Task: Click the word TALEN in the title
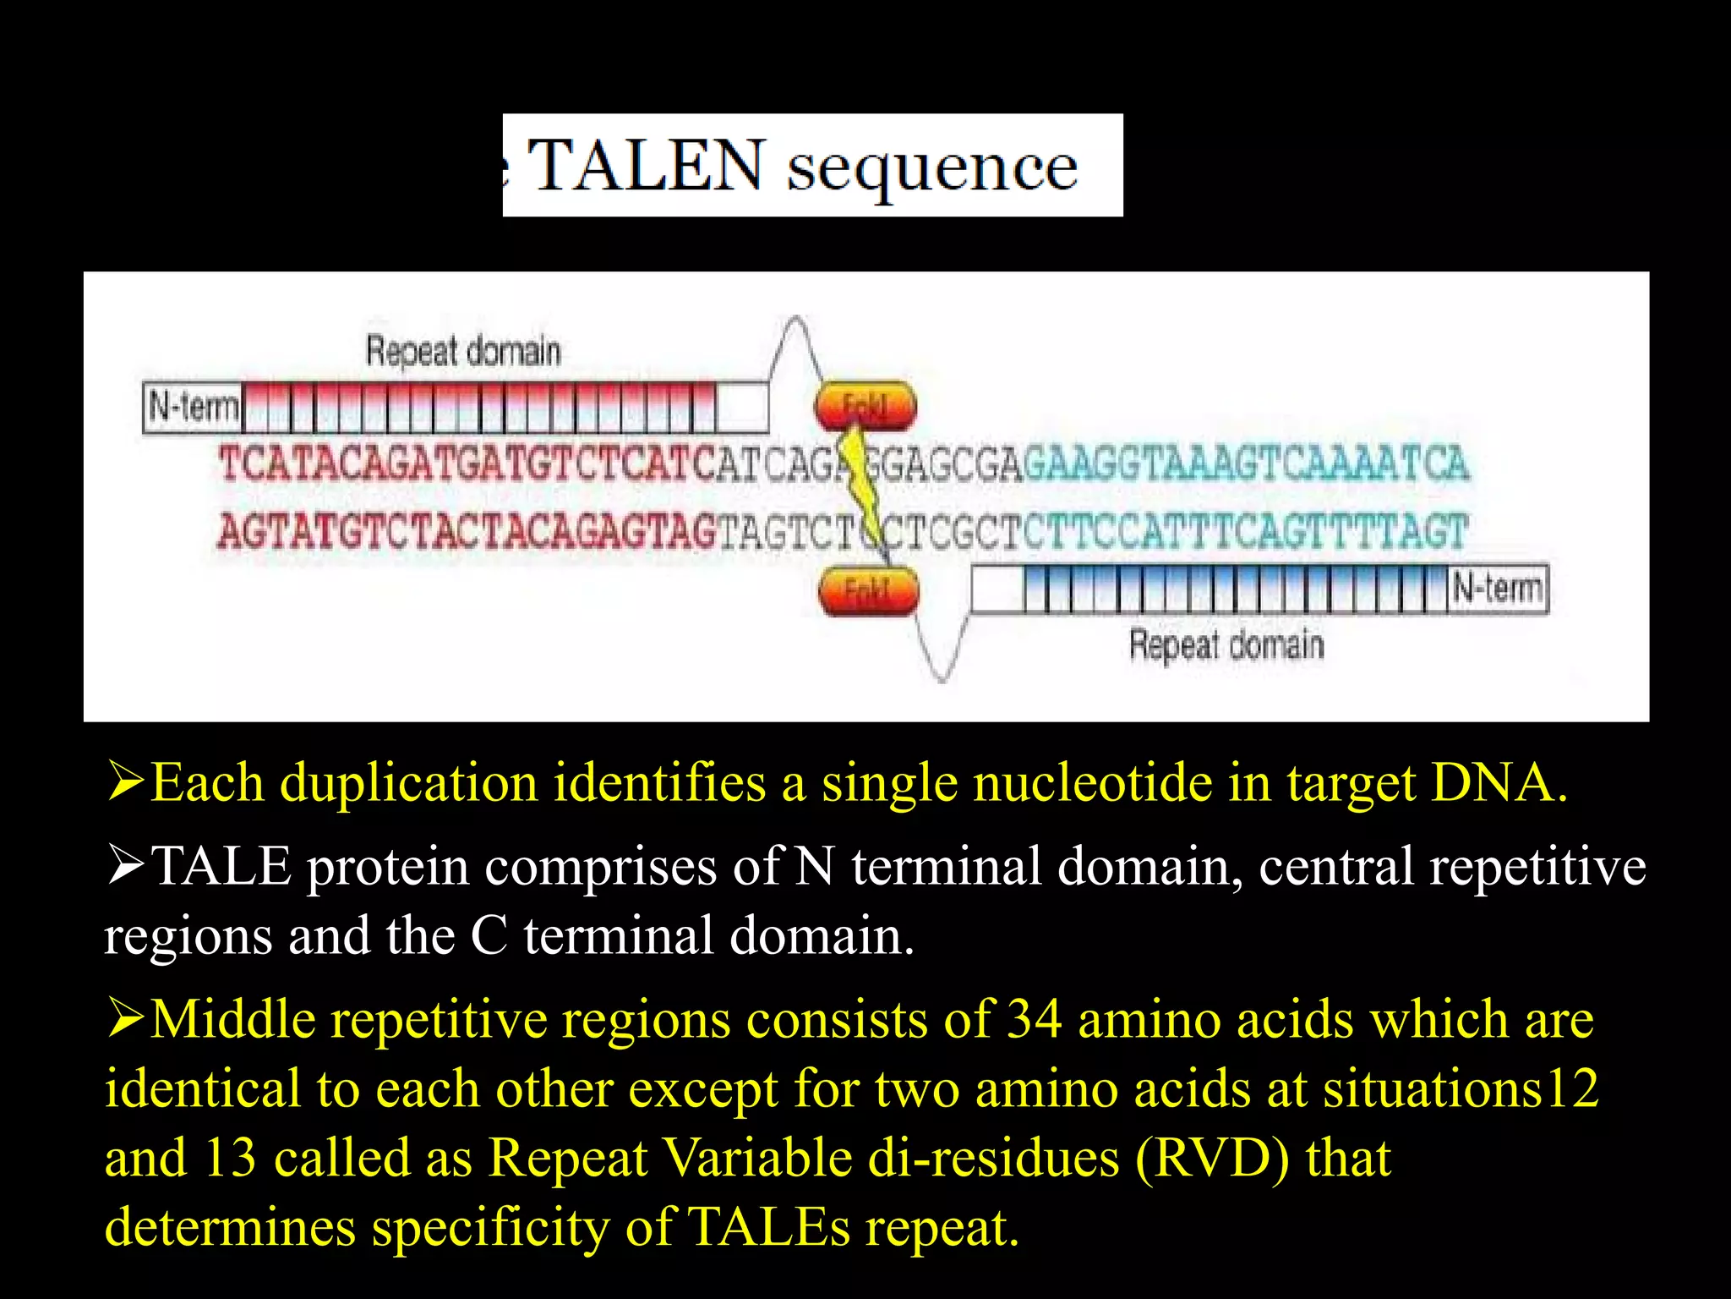pyautogui.click(x=647, y=166)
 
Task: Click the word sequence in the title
pyautogui.click(x=931, y=167)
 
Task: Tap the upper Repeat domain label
pyautogui.click(x=462, y=351)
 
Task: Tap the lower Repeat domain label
pyautogui.click(x=1226, y=645)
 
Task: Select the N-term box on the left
pyautogui.click(x=193, y=408)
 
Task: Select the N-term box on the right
pyautogui.click(x=1498, y=587)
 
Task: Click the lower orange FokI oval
pyautogui.click(x=868, y=589)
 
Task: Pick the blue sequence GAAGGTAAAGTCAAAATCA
pyautogui.click(x=1246, y=464)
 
